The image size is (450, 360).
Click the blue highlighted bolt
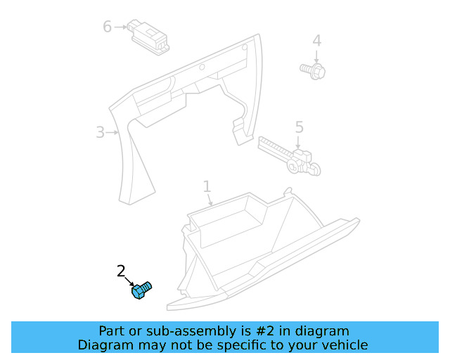142,290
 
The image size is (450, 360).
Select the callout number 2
121,271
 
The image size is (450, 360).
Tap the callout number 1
207,186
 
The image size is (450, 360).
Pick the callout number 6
107,27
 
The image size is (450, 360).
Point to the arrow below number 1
210,200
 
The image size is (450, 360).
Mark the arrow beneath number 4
316,56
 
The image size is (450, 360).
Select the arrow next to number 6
120,27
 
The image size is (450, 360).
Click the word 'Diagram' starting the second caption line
103,345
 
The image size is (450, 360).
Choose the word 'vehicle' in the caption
344,345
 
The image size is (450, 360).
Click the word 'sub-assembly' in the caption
172,330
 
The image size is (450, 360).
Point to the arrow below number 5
299,142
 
